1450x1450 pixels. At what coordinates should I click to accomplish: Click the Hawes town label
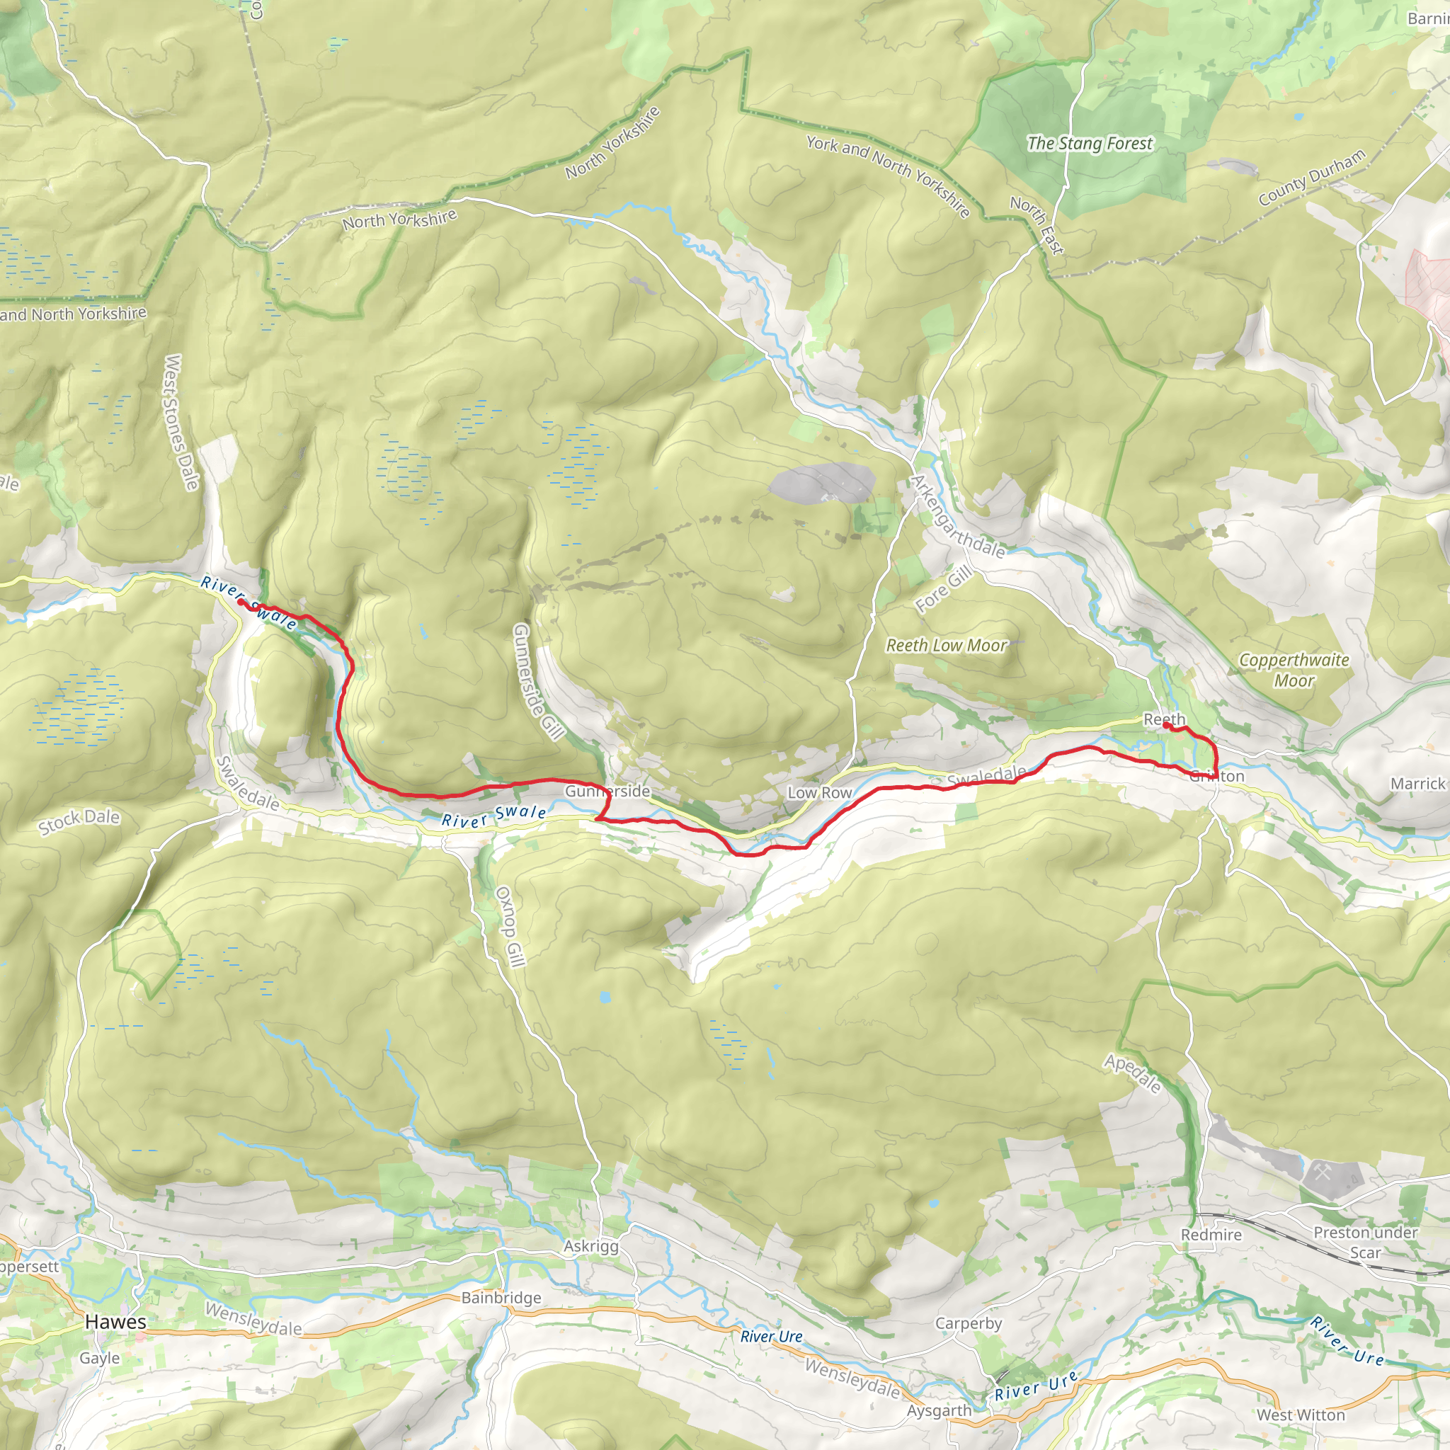115,1322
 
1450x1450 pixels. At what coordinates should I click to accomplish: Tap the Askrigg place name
591,1247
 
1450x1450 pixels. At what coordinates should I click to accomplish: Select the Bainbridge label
501,1298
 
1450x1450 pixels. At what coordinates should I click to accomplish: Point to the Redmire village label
1211,1235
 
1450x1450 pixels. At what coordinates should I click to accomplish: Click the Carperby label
968,1323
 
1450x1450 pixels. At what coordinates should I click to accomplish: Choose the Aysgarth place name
939,1410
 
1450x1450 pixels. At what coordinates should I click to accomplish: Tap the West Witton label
1301,1415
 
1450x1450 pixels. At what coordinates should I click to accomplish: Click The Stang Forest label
1090,143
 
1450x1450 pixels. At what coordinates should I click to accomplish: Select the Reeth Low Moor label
947,646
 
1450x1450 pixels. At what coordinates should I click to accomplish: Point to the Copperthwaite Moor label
1294,670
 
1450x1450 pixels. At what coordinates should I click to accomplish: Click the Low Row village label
820,792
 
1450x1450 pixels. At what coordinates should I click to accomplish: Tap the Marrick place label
1417,784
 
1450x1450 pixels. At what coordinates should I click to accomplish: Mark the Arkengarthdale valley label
958,517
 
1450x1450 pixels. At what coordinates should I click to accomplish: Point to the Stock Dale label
79,822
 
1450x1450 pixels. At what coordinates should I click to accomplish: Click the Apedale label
1133,1074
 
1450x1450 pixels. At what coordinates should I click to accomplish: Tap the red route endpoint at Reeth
1165,725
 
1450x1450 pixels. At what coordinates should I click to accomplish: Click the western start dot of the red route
240,601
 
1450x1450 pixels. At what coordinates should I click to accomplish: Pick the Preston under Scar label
1365,1242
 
